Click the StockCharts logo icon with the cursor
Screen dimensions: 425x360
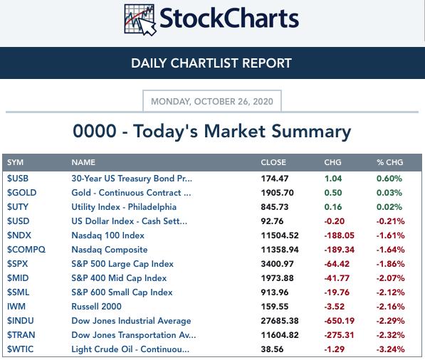[140, 20]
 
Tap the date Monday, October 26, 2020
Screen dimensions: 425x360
[212, 102]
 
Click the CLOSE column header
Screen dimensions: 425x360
[273, 162]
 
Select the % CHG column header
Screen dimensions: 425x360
[390, 162]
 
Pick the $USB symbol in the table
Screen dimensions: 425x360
[18, 179]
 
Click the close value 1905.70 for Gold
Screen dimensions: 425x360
[277, 193]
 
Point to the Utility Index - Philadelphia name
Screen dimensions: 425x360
[124, 207]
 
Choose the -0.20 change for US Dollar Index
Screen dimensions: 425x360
[335, 221]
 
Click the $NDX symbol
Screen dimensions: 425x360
[19, 235]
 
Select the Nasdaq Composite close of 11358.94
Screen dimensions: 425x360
[280, 250]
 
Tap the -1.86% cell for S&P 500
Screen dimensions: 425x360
[391, 264]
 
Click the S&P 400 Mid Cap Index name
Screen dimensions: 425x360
[119, 278]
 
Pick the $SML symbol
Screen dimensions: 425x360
[18, 292]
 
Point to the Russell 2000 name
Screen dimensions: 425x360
[96, 307]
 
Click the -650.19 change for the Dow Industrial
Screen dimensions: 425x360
[340, 321]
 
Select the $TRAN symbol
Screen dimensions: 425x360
[21, 335]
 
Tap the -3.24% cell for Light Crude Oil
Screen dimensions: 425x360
[391, 349]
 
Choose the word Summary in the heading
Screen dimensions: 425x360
[311, 132]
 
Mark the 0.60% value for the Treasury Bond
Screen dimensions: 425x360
[389, 179]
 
